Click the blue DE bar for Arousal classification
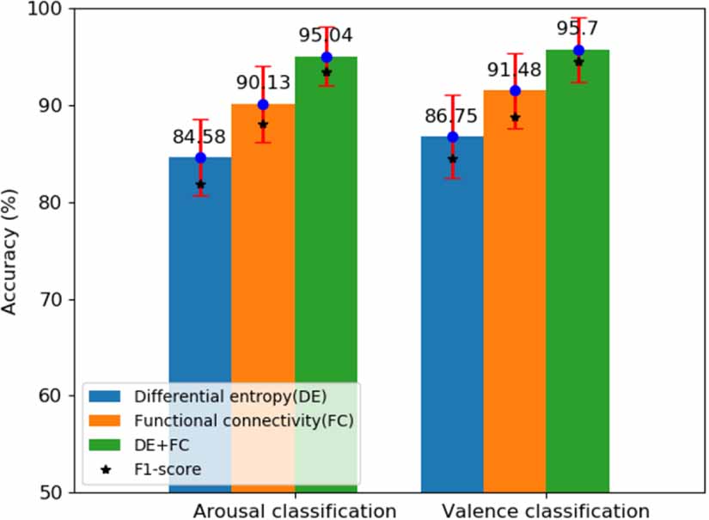pyautogui.click(x=199, y=275)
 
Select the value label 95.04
pyautogui.click(x=326, y=36)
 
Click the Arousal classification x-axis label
pyautogui.click(x=295, y=510)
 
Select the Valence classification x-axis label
pyautogui.click(x=546, y=510)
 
